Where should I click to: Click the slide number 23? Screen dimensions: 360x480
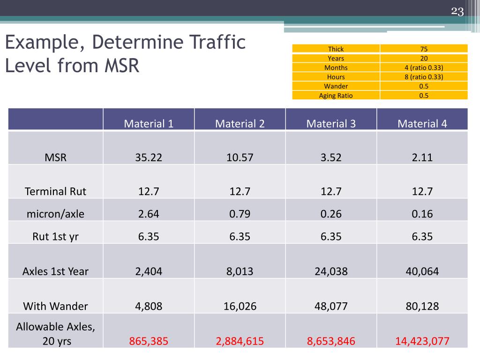[x=457, y=12]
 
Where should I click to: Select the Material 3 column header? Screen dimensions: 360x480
[x=331, y=124]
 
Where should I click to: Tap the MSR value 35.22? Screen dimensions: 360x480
[x=149, y=157]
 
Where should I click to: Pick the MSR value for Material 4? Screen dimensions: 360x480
[x=422, y=157]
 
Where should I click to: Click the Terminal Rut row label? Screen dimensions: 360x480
[x=55, y=191]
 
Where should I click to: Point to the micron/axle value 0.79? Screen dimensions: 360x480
[x=240, y=214]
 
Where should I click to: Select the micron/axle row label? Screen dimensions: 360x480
[x=55, y=214]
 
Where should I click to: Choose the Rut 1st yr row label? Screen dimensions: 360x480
[x=55, y=236]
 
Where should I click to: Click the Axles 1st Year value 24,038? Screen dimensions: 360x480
[x=331, y=271]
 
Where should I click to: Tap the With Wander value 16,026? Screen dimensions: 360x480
[x=240, y=306]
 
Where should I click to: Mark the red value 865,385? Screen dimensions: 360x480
[x=149, y=341]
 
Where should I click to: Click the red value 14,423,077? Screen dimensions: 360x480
[x=422, y=341]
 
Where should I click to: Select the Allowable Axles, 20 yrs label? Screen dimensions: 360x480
[x=55, y=334]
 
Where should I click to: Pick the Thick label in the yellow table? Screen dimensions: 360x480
[x=336, y=49]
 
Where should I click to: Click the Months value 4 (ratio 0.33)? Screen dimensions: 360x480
[x=424, y=67]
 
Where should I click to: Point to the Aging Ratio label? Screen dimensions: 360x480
[x=336, y=96]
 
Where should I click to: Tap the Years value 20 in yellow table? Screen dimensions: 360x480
[x=424, y=58]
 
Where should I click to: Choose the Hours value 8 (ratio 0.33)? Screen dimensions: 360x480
[x=424, y=77]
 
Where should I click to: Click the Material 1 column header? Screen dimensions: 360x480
[x=149, y=124]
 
